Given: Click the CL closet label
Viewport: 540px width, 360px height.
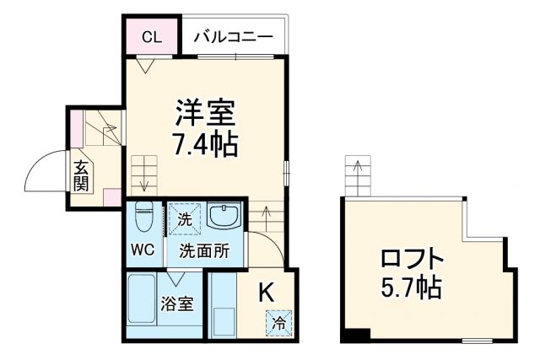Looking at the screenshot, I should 152,36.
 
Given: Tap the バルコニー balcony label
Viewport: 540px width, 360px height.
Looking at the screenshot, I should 233,36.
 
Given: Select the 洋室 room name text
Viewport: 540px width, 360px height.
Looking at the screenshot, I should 205,113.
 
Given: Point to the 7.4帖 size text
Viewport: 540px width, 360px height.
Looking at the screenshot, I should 205,143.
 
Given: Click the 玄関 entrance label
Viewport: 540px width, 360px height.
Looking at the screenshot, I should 82,175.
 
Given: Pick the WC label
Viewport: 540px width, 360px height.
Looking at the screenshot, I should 141,250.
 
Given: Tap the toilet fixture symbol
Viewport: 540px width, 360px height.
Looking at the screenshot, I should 143,217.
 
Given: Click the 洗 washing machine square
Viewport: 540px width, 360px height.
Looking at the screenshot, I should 184,219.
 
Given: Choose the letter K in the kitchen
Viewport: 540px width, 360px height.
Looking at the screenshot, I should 265,292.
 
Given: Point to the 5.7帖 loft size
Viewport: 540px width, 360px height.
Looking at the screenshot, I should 410,287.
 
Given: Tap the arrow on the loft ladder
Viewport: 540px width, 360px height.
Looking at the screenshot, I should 359,171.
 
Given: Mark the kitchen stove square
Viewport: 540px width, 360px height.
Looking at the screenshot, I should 224,321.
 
